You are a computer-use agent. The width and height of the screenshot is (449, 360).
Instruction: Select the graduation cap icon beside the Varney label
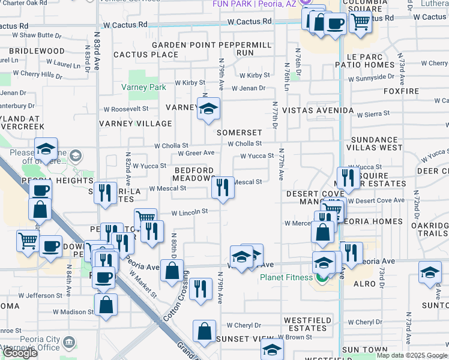209,109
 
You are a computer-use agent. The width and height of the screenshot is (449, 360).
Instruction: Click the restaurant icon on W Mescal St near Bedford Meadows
223,188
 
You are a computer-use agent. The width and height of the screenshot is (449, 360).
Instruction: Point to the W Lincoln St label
189,212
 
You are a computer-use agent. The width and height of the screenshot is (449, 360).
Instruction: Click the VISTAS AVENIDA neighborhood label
318,111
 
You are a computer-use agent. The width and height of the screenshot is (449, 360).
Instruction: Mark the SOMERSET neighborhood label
240,133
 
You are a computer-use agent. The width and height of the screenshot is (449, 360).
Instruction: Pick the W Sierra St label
373,113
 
